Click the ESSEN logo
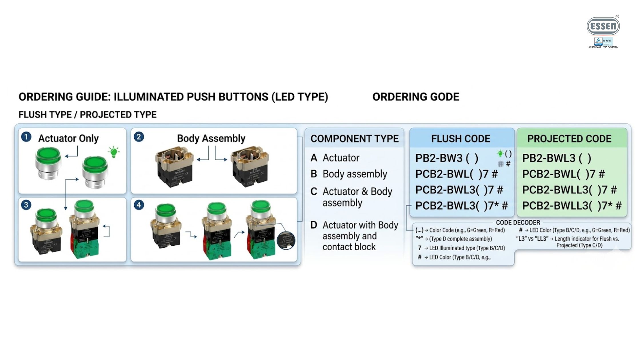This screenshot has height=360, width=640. point(603,26)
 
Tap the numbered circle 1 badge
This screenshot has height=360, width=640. point(26,137)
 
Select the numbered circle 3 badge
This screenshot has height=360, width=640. point(26,205)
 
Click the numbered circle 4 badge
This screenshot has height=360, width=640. point(139,205)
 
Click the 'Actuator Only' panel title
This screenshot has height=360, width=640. point(68,138)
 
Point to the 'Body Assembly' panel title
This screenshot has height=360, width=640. point(211,138)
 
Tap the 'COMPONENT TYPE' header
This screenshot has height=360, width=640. point(354,139)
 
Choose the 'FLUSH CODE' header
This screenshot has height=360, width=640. point(461,139)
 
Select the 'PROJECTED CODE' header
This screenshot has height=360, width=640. point(569,139)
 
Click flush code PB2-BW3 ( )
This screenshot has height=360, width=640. point(447,158)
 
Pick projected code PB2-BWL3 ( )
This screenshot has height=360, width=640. point(557,158)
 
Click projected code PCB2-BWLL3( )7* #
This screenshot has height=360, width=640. point(572,205)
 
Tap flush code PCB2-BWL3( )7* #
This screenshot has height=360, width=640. point(461,205)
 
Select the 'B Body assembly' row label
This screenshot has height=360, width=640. point(349,174)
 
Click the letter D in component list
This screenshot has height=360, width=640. point(314,225)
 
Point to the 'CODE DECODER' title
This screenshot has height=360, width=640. point(518,223)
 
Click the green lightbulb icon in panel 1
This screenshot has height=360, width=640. point(114,152)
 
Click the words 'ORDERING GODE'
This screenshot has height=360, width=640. point(416,97)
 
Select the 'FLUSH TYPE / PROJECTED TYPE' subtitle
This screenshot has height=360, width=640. point(87,115)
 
